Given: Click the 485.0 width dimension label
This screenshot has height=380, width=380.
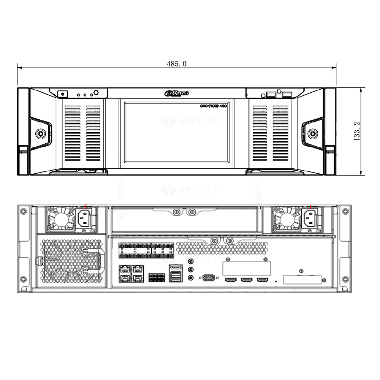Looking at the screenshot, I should [176, 64].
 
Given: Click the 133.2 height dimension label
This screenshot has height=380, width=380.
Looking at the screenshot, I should [357, 131].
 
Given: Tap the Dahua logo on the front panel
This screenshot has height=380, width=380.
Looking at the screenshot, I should [177, 93].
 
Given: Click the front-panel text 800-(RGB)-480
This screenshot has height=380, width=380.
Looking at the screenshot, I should [214, 106].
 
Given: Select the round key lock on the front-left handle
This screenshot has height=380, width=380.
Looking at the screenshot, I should [40, 133].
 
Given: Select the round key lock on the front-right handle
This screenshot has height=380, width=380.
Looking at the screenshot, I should [313, 133].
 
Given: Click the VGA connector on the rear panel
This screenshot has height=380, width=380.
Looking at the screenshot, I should [208, 278].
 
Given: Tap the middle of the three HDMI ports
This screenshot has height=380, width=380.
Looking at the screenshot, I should [246, 280].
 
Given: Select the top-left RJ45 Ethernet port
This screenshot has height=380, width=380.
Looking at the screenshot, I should [124, 269].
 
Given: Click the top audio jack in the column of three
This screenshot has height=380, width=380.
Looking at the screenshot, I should [191, 261].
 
